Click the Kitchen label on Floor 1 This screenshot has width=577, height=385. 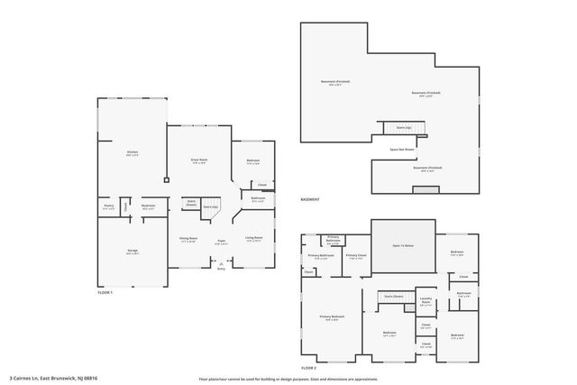(x=133, y=154)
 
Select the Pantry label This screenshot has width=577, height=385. (x=108, y=206)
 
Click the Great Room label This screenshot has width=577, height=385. (x=199, y=160)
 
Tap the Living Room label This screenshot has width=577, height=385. (x=253, y=240)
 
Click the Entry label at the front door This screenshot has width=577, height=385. (x=221, y=268)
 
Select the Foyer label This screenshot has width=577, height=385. (x=220, y=241)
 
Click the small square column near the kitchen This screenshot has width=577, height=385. (x=166, y=179)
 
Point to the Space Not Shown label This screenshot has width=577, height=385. (x=402, y=150)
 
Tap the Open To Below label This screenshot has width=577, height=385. (x=403, y=245)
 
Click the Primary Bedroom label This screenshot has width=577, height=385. (x=333, y=317)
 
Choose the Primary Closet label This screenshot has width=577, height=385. (x=355, y=256)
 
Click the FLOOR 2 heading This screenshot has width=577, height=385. (x=309, y=369)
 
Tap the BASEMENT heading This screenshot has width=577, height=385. (x=310, y=198)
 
